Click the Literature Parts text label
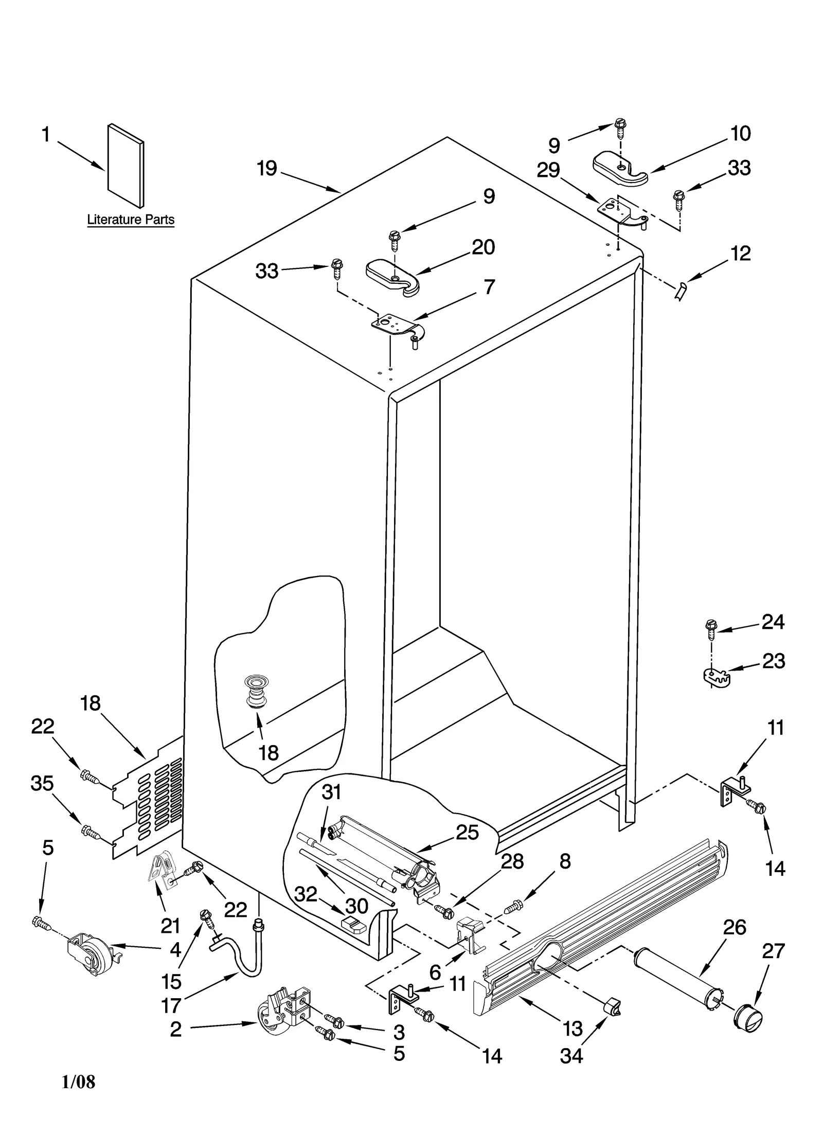click(131, 220)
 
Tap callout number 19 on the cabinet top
click(267, 168)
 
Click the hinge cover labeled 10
click(620, 169)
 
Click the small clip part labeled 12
click(681, 291)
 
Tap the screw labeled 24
click(710, 630)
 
